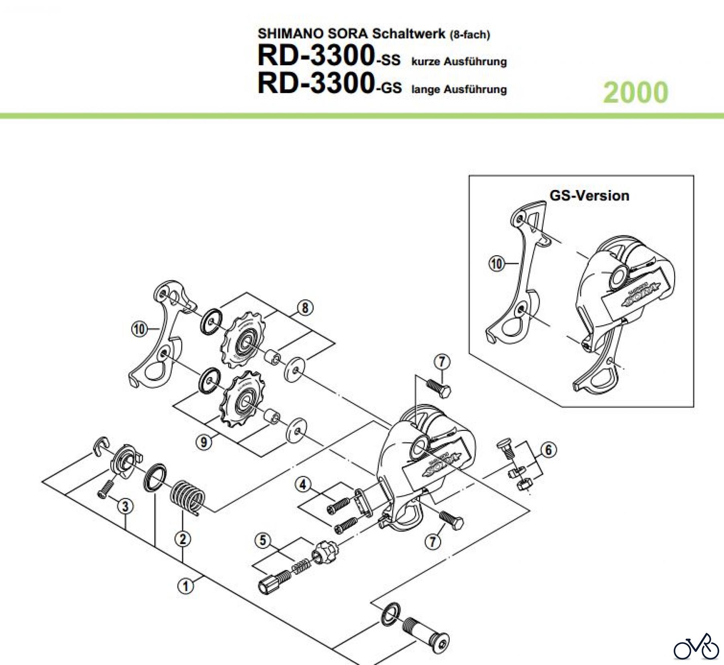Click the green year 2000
click(x=636, y=92)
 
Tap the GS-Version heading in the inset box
click(x=589, y=196)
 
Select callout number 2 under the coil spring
click(x=183, y=539)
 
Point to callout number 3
click(x=125, y=506)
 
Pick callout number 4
click(x=303, y=485)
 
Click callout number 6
click(x=549, y=449)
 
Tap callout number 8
click(x=305, y=308)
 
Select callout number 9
click(x=204, y=442)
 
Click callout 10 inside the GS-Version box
click(x=496, y=264)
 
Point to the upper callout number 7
click(x=442, y=362)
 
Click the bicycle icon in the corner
click(x=696, y=646)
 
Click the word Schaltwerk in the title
click(x=409, y=33)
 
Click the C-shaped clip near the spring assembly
click(x=101, y=446)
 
